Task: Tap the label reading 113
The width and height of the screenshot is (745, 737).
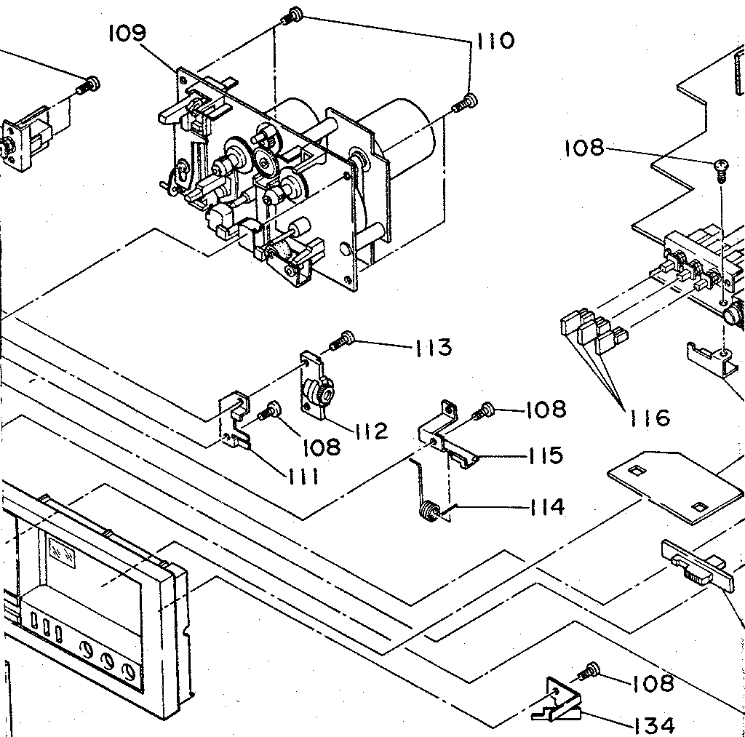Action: (433, 348)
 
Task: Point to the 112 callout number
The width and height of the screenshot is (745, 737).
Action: (371, 431)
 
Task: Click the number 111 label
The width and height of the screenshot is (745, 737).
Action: (299, 477)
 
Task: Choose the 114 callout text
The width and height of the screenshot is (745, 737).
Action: (546, 506)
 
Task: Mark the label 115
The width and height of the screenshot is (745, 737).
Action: (546, 455)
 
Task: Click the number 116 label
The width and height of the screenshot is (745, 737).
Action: (650, 418)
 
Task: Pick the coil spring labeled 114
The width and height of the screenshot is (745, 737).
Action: (432, 511)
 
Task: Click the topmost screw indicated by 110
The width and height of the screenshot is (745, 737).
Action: (294, 14)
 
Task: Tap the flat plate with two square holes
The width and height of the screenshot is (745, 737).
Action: (669, 483)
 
